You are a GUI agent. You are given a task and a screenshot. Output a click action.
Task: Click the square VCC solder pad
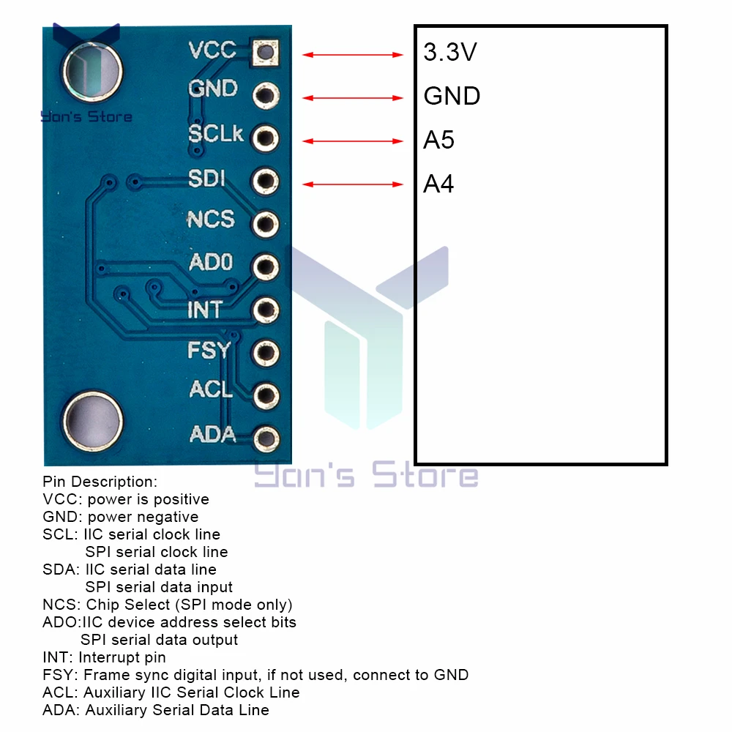(x=265, y=52)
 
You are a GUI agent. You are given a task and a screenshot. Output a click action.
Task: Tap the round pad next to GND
(x=265, y=95)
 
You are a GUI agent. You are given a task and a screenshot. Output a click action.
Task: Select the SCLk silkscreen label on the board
(x=216, y=135)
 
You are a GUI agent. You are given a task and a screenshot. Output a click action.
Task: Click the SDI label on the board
(x=206, y=178)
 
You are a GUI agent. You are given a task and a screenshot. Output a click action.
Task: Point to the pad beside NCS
(x=265, y=223)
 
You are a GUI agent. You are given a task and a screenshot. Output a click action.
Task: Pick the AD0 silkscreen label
(x=210, y=262)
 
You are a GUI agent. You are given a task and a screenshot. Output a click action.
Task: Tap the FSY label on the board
(x=209, y=350)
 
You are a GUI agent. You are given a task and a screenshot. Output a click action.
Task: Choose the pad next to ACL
(x=265, y=396)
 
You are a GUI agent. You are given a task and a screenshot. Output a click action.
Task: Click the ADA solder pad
(x=265, y=439)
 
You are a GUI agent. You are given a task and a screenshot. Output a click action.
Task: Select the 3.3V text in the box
(x=450, y=53)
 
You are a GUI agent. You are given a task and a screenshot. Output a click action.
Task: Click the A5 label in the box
(x=438, y=140)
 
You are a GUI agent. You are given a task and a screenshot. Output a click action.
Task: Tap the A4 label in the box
(x=438, y=184)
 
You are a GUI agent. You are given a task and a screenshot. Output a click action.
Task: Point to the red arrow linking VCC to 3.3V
(x=353, y=54)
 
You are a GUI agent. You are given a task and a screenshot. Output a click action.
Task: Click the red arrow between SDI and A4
(x=353, y=184)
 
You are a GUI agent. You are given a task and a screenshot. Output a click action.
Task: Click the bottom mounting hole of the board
(x=92, y=420)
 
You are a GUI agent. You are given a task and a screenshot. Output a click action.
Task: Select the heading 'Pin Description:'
(x=100, y=482)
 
